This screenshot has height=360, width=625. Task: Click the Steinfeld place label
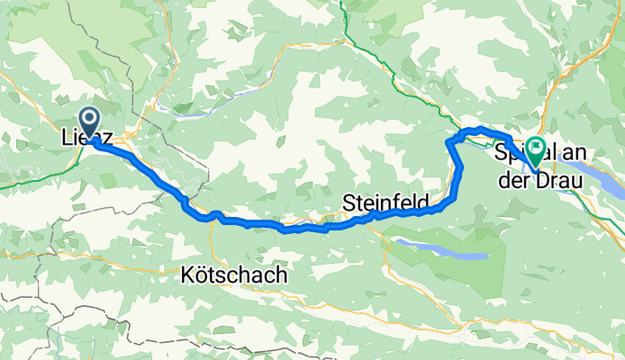coord(385,205)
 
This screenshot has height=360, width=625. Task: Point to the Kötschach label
coord(234,275)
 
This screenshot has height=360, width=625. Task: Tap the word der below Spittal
coord(514,181)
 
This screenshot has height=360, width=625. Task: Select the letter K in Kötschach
coord(187,275)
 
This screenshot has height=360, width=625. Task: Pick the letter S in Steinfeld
coord(349,205)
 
